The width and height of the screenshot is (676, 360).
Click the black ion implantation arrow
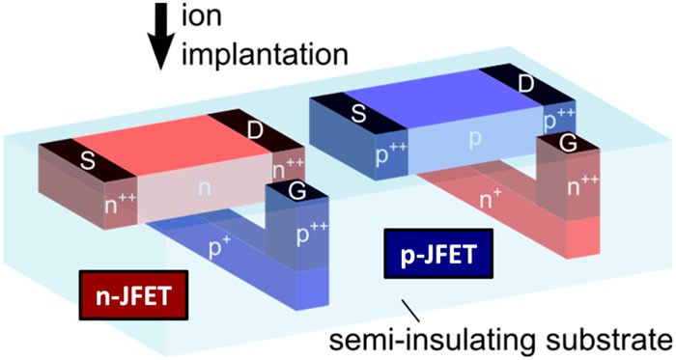[161, 36]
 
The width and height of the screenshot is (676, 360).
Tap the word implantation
[265, 56]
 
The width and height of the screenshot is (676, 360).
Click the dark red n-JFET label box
[133, 295]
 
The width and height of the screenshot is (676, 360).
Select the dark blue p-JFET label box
[438, 254]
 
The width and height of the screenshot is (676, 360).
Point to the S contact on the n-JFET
[88, 161]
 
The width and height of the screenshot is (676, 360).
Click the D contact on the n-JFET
[256, 131]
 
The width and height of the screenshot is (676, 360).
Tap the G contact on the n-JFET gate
[297, 192]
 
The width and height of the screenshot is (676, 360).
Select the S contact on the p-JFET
[358, 114]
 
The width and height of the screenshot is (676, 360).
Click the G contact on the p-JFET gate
[568, 144]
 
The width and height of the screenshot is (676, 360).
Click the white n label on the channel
[205, 189]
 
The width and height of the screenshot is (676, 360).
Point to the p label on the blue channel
[475, 140]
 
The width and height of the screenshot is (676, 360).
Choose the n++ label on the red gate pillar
[583, 185]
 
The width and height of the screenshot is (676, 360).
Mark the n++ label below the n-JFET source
[121, 205]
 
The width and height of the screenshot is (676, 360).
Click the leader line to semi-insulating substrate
[410, 311]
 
